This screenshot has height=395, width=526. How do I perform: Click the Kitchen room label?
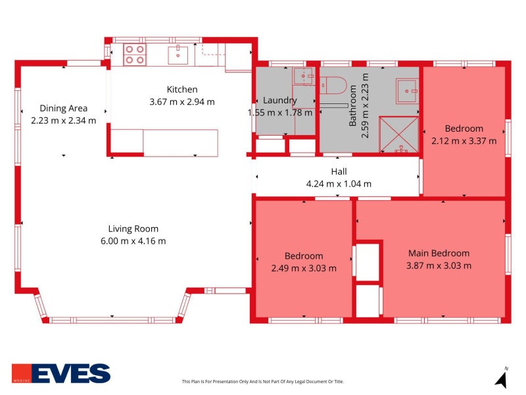point(182,90)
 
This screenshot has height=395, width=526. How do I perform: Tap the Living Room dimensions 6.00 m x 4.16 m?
point(133,241)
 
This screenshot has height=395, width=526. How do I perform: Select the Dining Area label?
point(63,108)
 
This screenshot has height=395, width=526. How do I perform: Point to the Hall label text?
point(339,172)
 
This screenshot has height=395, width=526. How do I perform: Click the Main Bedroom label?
point(439,253)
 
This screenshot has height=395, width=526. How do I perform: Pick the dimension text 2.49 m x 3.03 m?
point(304,268)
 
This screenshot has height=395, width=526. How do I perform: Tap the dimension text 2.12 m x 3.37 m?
point(464,141)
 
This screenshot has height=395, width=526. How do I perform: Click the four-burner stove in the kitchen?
point(135,55)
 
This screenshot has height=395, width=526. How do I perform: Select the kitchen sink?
point(178,55)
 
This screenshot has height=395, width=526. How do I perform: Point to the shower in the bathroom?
point(398,134)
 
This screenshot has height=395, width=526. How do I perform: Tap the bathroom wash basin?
point(407,91)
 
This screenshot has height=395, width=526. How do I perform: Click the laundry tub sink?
point(304,76)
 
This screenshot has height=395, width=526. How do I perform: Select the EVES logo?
point(61,373)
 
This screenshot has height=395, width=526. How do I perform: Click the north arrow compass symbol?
point(502,379)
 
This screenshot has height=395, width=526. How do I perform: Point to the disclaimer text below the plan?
point(262,382)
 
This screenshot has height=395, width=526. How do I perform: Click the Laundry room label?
point(280,101)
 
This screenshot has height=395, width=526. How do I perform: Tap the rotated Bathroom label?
point(352,105)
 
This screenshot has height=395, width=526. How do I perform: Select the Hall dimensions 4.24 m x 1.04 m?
point(339,184)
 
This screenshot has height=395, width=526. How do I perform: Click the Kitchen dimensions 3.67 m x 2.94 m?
point(182,102)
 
